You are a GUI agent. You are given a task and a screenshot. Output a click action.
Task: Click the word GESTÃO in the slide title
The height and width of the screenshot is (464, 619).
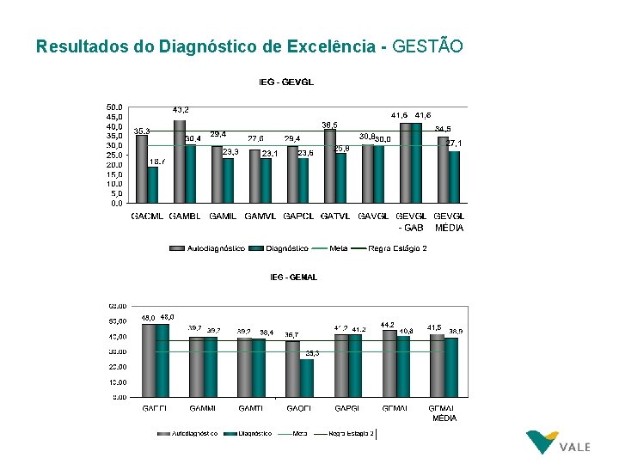[x=427, y=46]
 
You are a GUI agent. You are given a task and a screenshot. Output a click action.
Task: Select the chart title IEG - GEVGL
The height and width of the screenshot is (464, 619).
[x=286, y=82]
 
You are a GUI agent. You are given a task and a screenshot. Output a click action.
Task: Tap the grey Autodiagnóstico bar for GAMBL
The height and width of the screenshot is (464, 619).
[x=179, y=163]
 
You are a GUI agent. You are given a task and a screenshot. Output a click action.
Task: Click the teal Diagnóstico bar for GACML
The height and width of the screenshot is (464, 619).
[x=153, y=186]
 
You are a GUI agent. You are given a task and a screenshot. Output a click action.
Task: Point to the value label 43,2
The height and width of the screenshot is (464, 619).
[x=181, y=110]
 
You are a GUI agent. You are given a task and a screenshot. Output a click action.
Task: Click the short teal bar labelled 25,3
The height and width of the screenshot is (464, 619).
[x=307, y=378]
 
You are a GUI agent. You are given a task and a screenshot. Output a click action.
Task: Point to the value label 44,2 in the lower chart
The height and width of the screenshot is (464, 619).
[x=388, y=324]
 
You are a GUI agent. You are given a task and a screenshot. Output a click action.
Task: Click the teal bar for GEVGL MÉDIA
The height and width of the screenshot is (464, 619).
[x=455, y=178]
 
